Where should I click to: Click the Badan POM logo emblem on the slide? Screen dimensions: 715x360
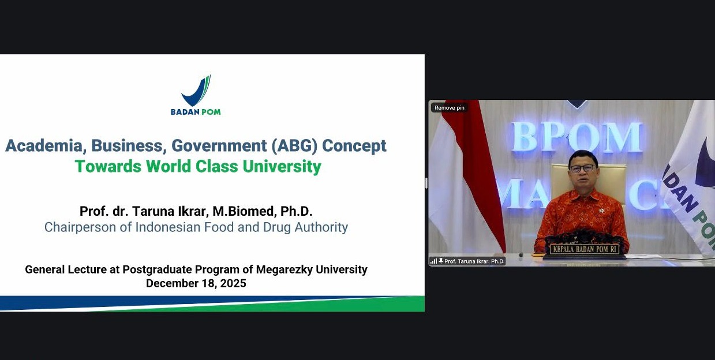196,91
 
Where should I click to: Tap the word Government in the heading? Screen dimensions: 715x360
219,146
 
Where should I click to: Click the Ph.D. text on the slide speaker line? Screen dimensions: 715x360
296,211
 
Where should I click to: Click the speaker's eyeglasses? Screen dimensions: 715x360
582,168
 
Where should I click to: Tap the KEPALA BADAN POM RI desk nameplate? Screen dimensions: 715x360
585,249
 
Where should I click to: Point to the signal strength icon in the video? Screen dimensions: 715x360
433,261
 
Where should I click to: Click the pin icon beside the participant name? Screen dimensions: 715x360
440,261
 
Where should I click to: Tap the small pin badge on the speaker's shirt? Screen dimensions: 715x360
601,211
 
